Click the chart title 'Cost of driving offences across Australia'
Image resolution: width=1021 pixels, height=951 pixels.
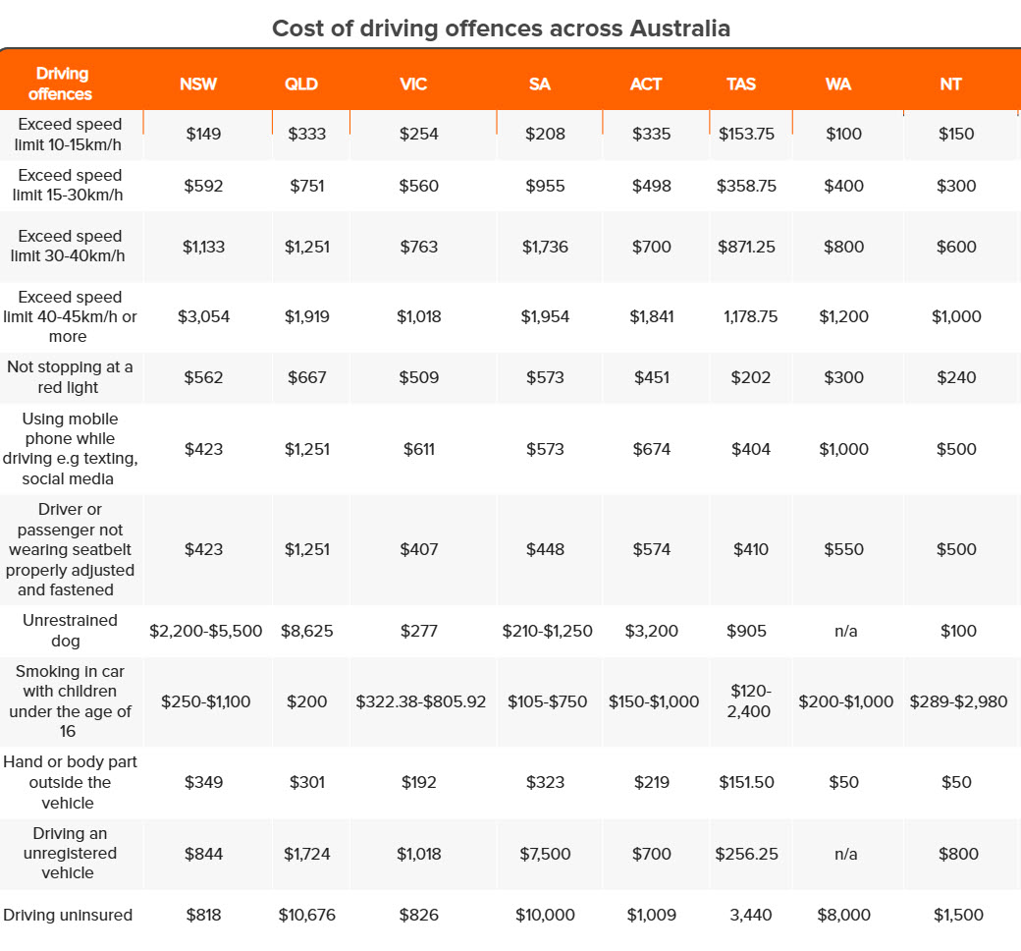point(501,28)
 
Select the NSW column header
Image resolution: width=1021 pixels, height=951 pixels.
point(198,84)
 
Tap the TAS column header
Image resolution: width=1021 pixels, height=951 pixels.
point(741,84)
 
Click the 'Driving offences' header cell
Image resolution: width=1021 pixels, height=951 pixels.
point(61,84)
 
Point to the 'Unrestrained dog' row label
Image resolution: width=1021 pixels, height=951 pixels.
point(70,631)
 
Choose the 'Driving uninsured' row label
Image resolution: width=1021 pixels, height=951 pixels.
point(68,915)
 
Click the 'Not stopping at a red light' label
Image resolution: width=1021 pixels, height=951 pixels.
point(69,376)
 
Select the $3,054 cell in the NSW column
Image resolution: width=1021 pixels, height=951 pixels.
point(204,316)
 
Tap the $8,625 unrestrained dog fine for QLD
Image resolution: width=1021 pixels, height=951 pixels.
point(306,631)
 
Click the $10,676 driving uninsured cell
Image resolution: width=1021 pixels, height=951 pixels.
point(306,916)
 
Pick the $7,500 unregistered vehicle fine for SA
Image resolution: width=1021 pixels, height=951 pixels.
point(545,854)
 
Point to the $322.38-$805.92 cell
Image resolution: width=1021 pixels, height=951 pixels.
point(420,702)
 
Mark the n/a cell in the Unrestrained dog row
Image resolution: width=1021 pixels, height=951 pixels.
point(846,631)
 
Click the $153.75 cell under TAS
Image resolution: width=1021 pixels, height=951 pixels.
point(746,135)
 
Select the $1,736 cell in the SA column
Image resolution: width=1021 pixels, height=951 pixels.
point(545,247)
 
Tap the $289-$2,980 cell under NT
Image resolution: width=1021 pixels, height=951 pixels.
point(958,702)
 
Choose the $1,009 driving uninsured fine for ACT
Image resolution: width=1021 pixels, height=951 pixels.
point(651,916)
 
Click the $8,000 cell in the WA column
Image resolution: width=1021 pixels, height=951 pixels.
point(844,916)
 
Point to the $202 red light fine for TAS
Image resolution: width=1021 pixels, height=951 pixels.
point(751,377)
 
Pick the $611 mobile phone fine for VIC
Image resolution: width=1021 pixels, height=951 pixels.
point(418,449)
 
